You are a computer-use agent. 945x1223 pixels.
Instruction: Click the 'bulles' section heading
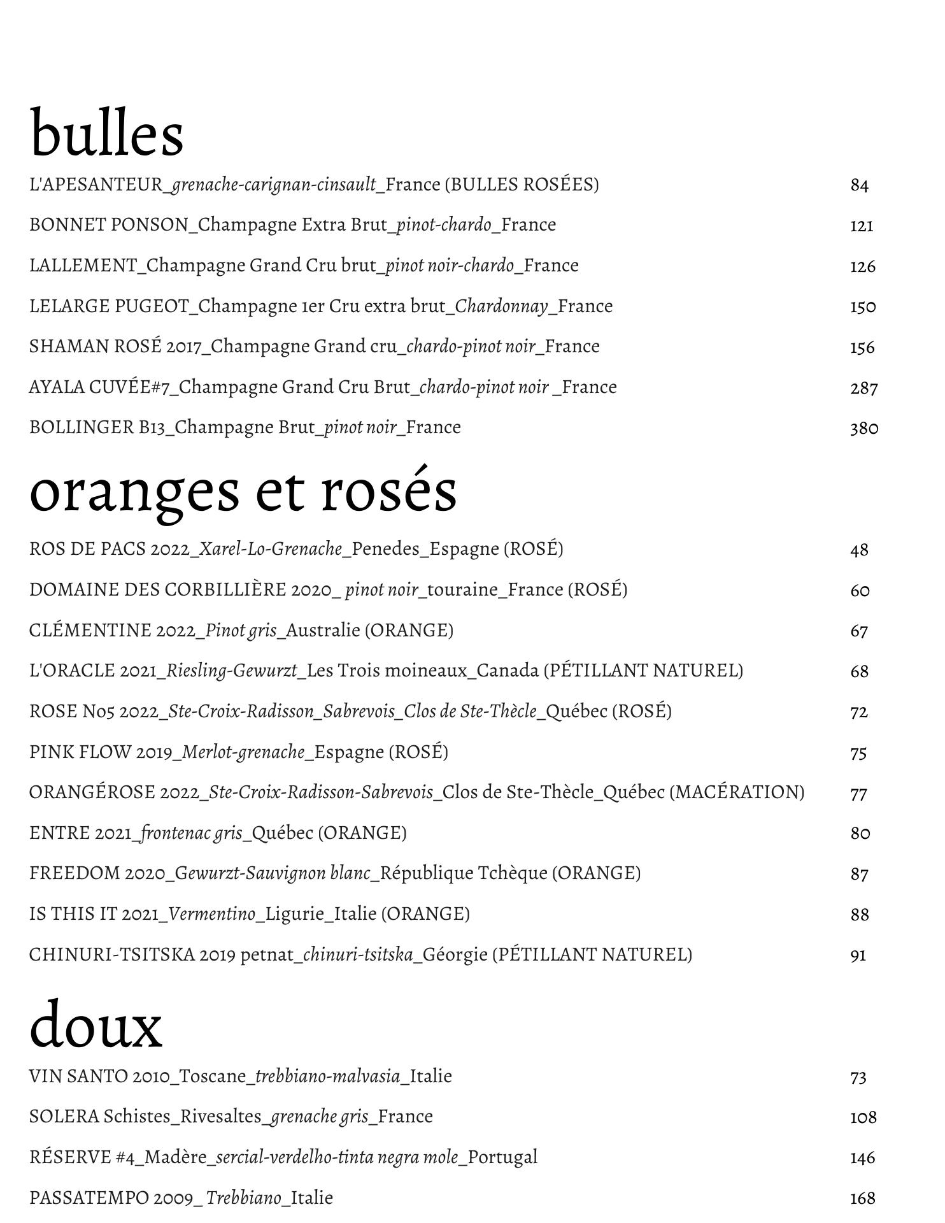click(x=106, y=134)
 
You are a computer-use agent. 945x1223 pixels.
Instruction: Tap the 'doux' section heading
click(x=96, y=1026)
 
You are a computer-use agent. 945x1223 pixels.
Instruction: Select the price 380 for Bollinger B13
click(x=863, y=428)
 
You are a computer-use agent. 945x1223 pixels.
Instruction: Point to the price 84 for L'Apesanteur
click(x=859, y=185)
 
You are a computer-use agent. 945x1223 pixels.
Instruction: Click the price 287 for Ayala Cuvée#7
click(x=863, y=388)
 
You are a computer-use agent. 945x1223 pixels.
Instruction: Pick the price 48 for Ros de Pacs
click(x=859, y=550)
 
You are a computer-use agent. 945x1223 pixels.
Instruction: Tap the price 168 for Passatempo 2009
click(x=862, y=1199)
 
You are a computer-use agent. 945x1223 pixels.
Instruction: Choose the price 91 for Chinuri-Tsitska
click(x=858, y=955)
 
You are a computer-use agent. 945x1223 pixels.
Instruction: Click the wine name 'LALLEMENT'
click(x=83, y=266)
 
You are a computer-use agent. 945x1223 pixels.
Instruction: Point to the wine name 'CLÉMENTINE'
click(x=90, y=631)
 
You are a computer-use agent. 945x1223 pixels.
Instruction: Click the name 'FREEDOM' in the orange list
click(x=75, y=873)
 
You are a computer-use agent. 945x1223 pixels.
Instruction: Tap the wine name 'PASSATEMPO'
click(x=89, y=1198)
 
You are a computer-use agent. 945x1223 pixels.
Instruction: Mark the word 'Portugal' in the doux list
click(x=502, y=1157)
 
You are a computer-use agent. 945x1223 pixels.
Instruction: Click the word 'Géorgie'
click(x=455, y=955)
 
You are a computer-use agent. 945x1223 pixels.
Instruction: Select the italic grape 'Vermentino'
click(x=212, y=914)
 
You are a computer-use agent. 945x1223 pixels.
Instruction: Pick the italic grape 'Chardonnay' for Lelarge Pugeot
click(x=501, y=306)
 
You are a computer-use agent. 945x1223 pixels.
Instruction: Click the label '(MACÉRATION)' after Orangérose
click(x=737, y=792)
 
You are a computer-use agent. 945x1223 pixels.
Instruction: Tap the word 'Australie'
click(x=323, y=631)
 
